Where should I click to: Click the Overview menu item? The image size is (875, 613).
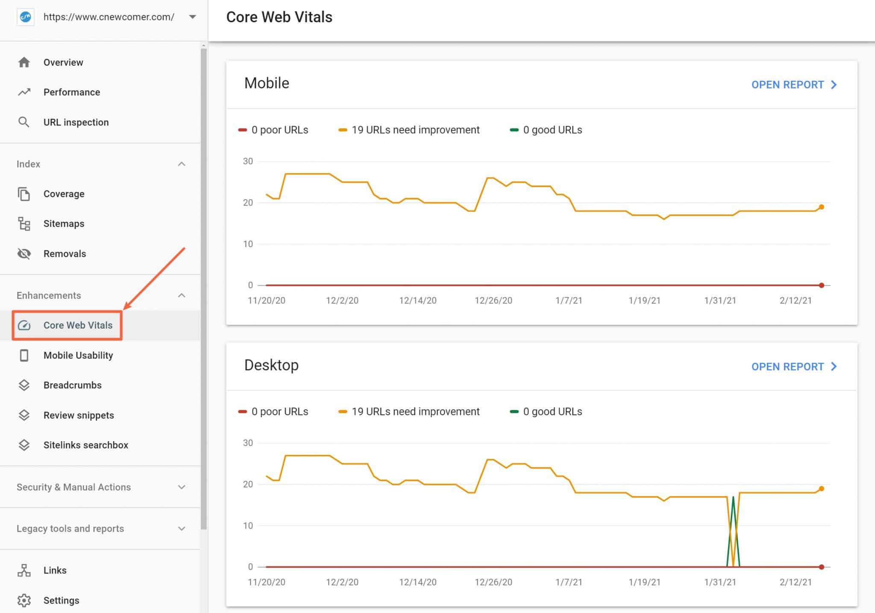tap(63, 62)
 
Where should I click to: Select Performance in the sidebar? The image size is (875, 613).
tap(71, 92)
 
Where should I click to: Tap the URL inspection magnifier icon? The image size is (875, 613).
tap(24, 122)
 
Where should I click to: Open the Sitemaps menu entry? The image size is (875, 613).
tap(64, 224)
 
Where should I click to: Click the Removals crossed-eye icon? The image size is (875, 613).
tap(24, 253)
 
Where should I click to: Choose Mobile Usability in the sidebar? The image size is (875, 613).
tap(78, 355)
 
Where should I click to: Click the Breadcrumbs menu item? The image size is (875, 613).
tap(72, 385)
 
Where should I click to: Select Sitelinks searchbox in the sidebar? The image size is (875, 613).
tap(85, 445)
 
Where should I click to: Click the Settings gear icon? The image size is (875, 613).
tap(24, 600)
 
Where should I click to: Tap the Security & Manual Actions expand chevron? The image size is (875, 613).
tap(182, 487)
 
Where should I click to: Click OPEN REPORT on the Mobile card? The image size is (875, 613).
tap(794, 85)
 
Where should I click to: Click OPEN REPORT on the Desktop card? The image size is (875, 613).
tap(794, 366)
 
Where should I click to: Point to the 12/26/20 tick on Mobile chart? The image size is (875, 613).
tap(493, 301)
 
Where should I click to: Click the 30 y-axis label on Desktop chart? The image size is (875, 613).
tap(248, 443)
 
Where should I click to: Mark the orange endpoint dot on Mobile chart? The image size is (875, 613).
tap(821, 207)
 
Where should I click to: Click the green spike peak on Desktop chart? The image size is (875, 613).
tap(733, 497)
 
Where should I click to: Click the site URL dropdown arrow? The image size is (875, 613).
tap(193, 17)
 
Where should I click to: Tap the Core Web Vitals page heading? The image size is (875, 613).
tap(279, 17)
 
